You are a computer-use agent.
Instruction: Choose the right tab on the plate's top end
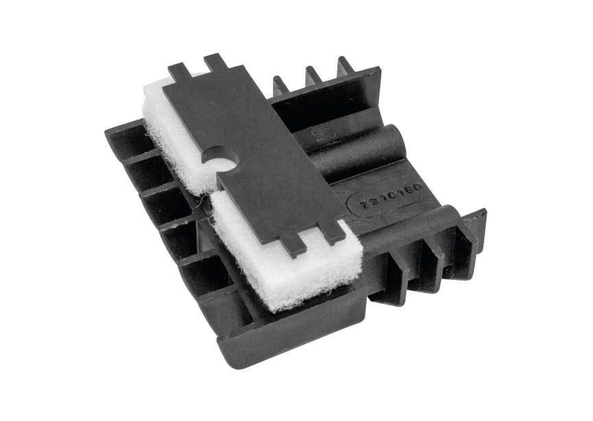215,62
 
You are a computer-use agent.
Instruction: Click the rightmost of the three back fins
344,66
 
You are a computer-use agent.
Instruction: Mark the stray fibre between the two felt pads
200,200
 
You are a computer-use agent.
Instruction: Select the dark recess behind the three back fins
322,110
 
